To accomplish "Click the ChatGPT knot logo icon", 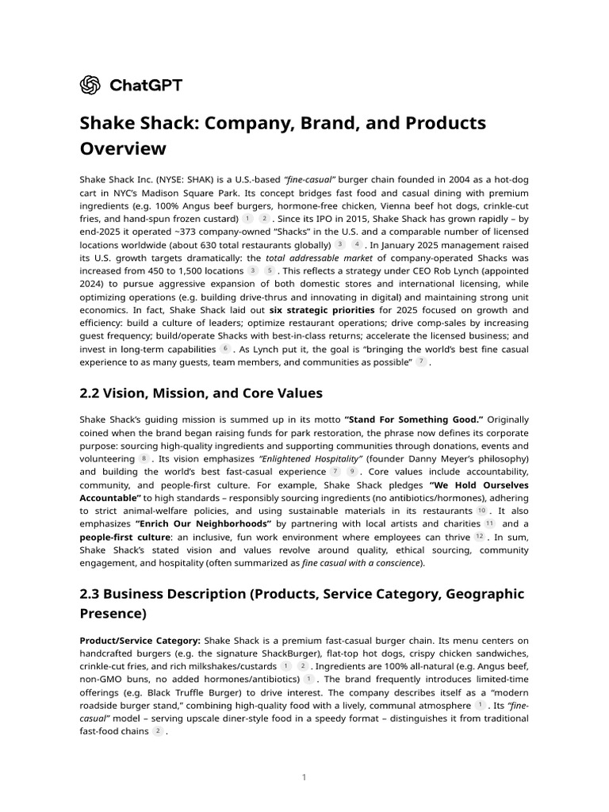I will pos(90,85).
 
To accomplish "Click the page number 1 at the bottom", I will pos(304,777).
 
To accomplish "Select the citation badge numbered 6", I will pos(225,348).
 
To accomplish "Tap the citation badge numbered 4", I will pos(356,244).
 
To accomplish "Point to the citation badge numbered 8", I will pos(144,458).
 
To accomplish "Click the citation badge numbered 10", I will pos(482,511).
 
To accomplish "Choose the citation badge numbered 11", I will pos(489,524).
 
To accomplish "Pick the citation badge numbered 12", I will pos(480,537).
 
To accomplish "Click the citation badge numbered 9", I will pos(351,471).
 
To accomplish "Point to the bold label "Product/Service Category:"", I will pos(140,640).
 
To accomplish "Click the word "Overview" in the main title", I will pos(123,148).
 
